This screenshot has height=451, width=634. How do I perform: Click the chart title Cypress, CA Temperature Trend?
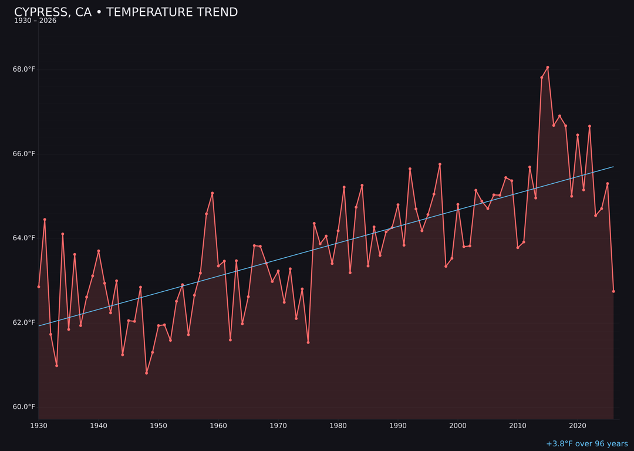pos(126,12)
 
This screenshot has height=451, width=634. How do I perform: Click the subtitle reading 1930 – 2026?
pos(35,21)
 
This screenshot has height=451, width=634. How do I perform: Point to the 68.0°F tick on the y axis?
pos(24,69)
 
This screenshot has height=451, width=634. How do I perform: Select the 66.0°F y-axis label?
pos(24,154)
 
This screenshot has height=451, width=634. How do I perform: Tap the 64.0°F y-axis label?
pos(24,238)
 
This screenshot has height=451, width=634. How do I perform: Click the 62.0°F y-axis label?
pos(24,322)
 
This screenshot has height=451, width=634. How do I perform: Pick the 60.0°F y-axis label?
pos(24,407)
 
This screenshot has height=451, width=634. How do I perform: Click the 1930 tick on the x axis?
pos(39,426)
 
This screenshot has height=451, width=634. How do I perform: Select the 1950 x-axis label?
pos(158,426)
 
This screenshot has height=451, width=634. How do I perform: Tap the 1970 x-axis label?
pos(278,426)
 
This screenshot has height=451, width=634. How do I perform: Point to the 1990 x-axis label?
pos(398,426)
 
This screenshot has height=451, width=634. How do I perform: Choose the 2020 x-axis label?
pos(578,426)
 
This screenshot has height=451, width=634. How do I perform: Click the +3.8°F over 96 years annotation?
pos(586,444)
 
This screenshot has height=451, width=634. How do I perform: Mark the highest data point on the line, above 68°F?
pos(548,67)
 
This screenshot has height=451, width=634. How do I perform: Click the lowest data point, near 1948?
pos(146,373)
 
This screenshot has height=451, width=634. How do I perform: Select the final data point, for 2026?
pos(613,291)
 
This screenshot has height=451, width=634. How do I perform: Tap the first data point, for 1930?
pos(39,287)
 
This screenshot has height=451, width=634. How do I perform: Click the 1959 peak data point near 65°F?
pos(213,193)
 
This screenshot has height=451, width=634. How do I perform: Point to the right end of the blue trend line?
pos(613,167)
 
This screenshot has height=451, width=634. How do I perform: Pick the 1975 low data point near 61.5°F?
pos(308,342)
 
